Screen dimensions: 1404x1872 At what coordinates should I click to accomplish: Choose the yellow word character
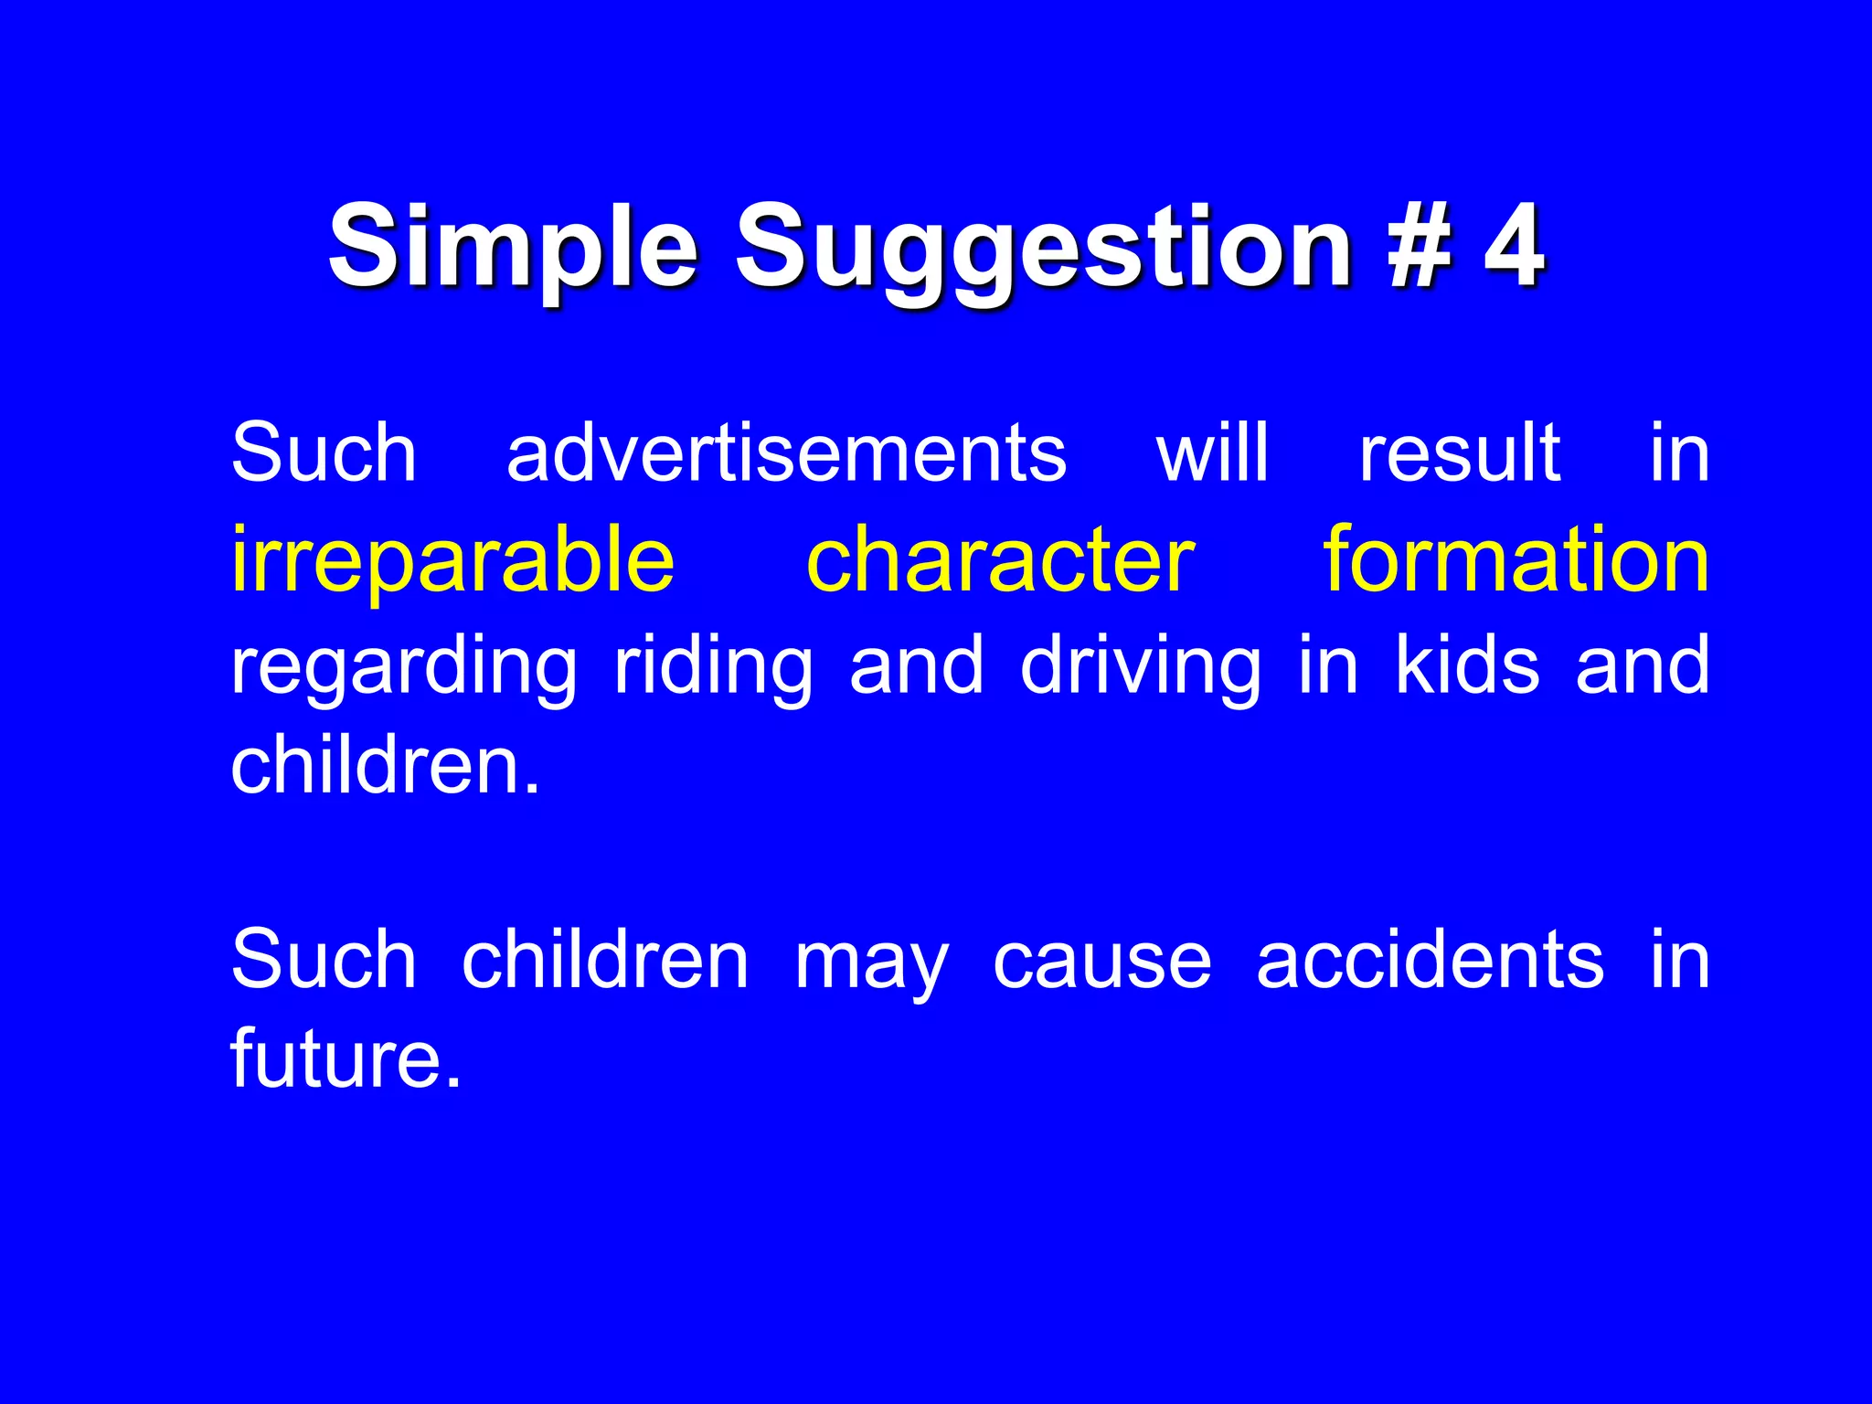pos(1000,559)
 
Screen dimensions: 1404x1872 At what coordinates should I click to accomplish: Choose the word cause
pos(1101,962)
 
